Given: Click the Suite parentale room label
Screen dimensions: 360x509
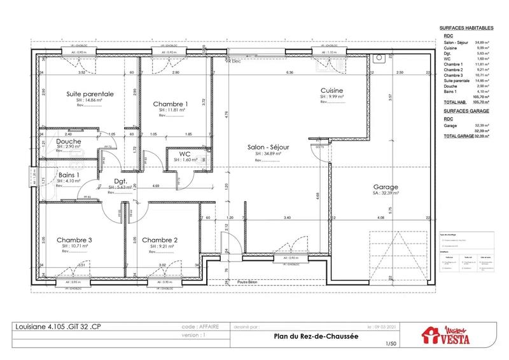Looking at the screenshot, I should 90,93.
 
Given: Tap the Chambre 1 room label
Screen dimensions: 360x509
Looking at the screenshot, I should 170,104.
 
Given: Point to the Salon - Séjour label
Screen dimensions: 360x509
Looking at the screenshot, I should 268,146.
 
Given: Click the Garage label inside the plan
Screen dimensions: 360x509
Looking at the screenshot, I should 386,187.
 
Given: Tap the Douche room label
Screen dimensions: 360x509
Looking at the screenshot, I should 68,141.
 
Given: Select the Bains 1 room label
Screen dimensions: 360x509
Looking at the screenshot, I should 69,174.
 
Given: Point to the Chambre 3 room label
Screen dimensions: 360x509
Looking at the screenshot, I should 74,240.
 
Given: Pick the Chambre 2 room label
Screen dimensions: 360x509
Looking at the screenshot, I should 159,240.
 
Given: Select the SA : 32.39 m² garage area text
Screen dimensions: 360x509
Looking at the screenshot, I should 386,194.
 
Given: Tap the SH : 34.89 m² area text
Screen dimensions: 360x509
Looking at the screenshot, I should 268,153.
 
